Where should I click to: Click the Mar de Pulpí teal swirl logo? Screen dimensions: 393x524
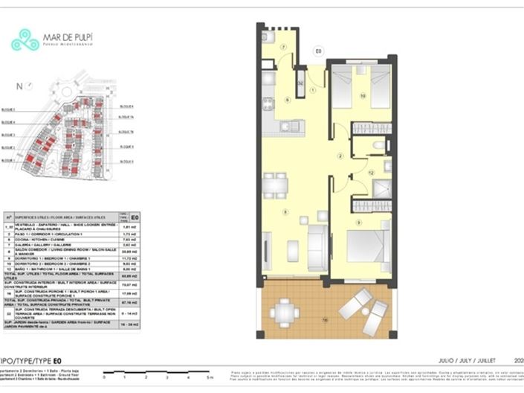pyautogui.click(x=25, y=39)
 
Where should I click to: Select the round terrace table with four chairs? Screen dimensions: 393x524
pyautogui.click(x=285, y=313)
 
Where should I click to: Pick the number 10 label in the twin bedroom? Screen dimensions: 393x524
pyautogui.click(x=363, y=96)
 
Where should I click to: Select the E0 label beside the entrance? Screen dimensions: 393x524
pyautogui.click(x=318, y=51)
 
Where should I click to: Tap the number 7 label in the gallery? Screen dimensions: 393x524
pyautogui.click(x=283, y=47)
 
